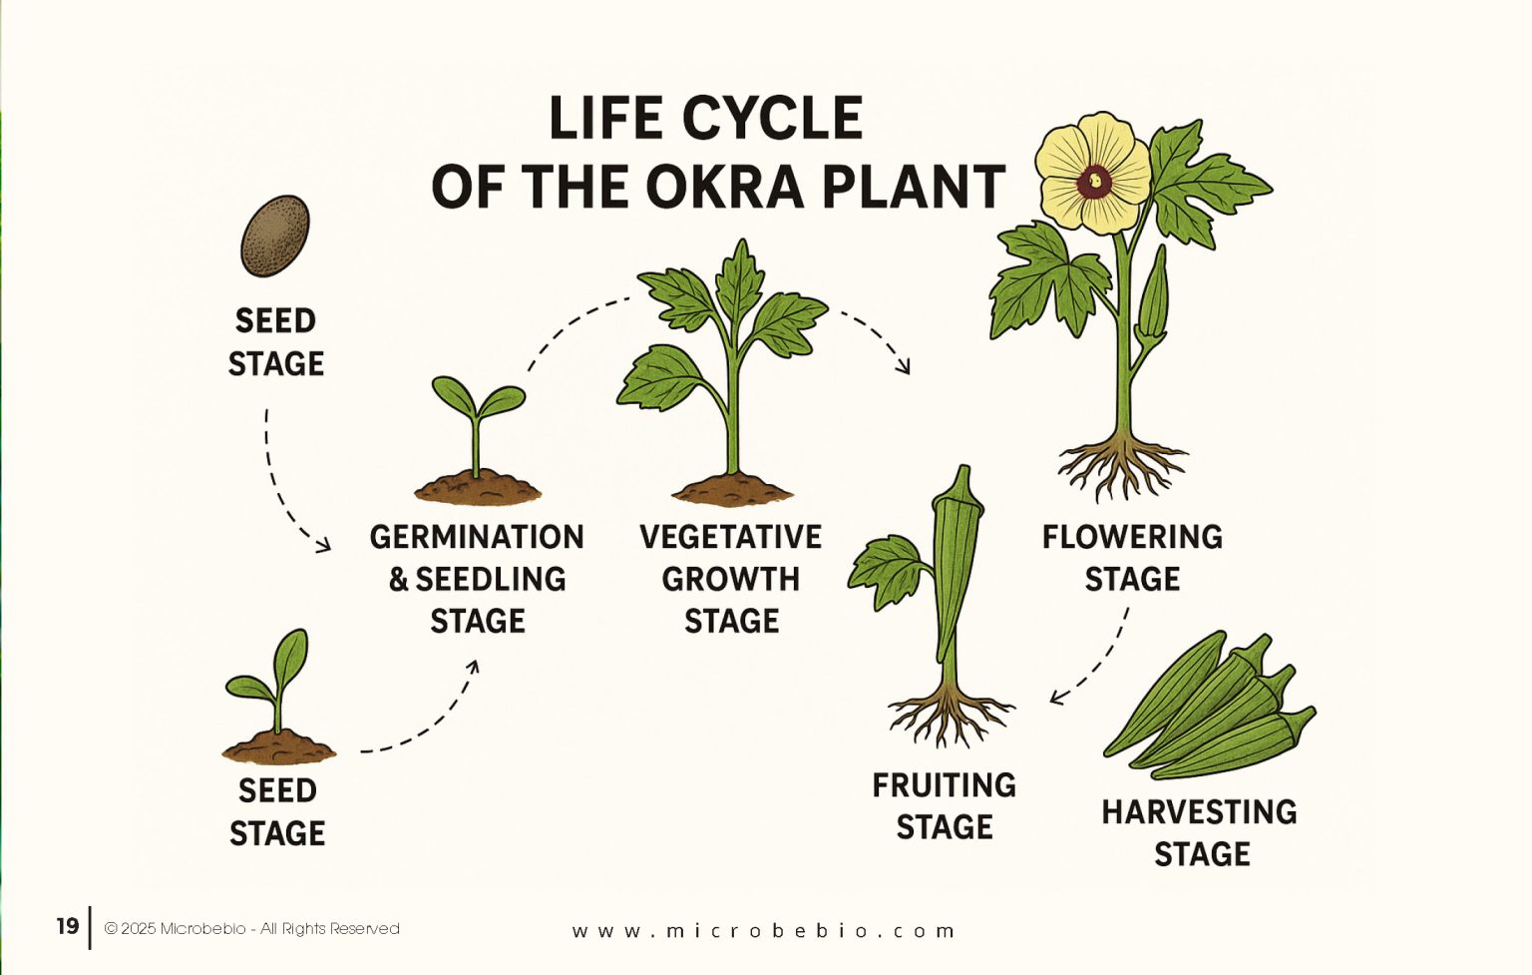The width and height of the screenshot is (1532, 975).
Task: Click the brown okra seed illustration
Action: (275, 236)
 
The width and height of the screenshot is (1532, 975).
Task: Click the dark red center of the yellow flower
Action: (1094, 181)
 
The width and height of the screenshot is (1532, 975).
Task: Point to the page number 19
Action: (67, 926)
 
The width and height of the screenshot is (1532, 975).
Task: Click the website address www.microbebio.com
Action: (764, 930)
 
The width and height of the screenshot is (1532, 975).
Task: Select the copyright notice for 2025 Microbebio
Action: (251, 928)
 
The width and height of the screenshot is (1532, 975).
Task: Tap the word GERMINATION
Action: (477, 537)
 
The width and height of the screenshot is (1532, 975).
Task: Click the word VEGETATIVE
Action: (730, 537)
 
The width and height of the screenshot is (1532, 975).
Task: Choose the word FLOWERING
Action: (1132, 537)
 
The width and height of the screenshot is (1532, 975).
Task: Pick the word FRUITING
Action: (944, 785)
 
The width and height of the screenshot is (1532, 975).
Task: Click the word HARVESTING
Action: (1199, 812)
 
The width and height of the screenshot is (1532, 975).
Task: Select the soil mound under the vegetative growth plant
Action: (733, 489)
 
